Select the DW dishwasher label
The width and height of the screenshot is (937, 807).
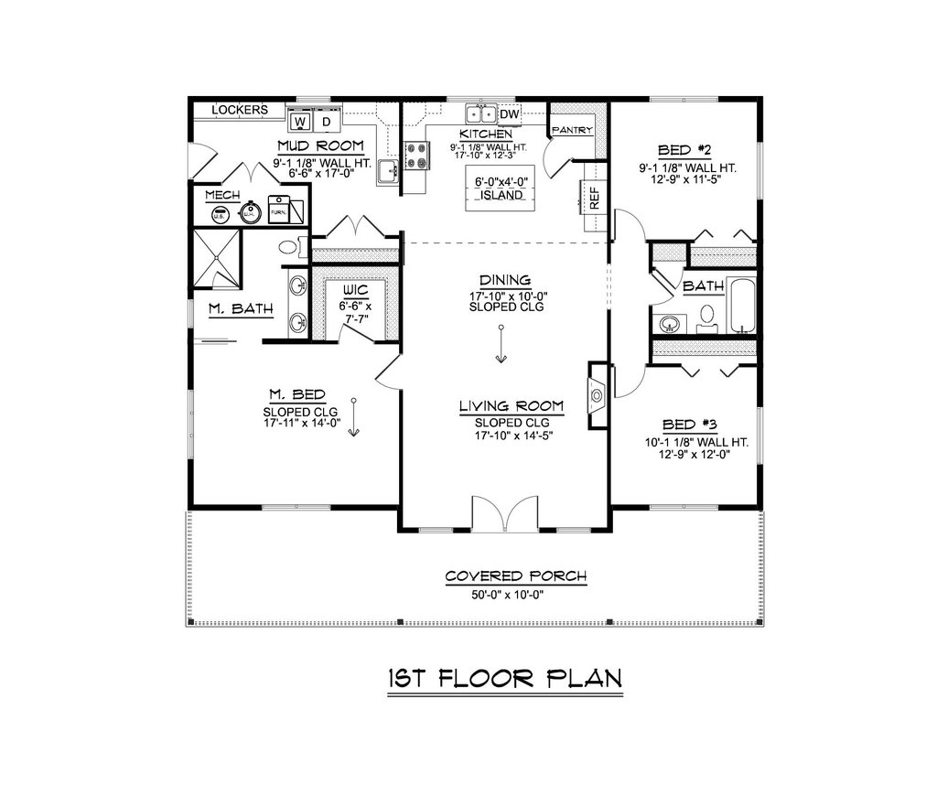tap(510, 113)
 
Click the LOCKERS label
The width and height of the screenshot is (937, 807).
tap(240, 110)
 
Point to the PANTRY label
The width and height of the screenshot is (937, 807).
tap(574, 130)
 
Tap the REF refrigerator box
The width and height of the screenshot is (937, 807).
tap(593, 199)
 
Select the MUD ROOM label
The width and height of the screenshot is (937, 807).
tap(320, 146)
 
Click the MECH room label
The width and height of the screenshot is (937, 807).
tap(222, 196)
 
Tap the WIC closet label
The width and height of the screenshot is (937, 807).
tap(356, 290)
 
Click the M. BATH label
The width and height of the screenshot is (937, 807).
tap(242, 310)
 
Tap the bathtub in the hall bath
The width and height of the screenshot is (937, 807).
tap(741, 307)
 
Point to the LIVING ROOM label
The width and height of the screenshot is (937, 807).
tap(512, 405)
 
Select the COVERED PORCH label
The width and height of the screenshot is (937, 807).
tap(515, 576)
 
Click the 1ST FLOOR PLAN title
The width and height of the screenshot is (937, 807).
tap(504, 678)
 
